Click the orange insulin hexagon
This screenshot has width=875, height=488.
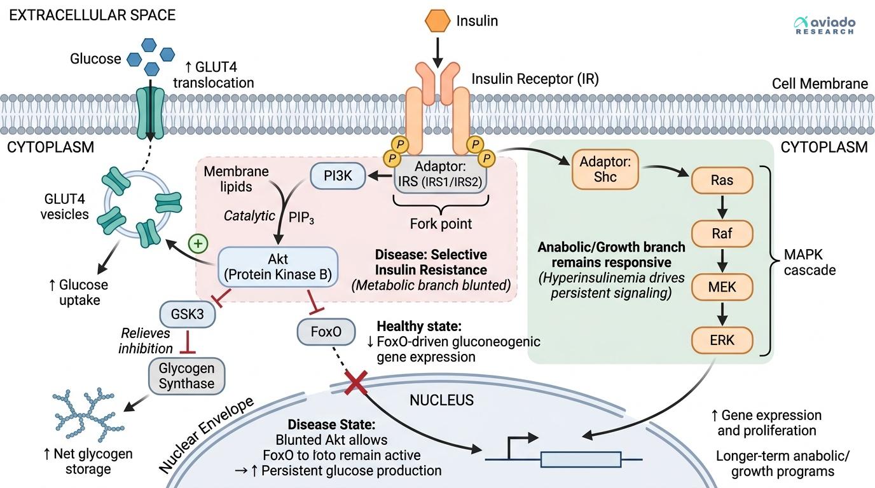(437, 20)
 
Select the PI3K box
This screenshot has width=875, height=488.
(338, 176)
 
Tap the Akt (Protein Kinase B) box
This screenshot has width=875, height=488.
(277, 267)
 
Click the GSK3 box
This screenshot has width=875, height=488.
(188, 314)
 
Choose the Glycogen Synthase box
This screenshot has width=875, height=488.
(186, 376)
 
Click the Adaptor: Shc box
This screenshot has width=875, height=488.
(605, 169)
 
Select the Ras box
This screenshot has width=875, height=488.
(722, 180)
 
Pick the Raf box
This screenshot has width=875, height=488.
(722, 234)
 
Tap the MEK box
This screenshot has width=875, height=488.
(722, 287)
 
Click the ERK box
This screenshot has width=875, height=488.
(722, 340)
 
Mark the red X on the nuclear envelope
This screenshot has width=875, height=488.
(355, 384)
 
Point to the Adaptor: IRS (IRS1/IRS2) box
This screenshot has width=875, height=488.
(440, 174)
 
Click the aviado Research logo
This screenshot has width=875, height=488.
(825, 25)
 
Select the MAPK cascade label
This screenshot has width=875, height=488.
(810, 262)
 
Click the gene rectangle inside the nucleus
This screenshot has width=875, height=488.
(580, 459)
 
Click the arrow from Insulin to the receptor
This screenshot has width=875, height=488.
(437, 50)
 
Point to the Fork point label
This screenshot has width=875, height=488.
(440, 224)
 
